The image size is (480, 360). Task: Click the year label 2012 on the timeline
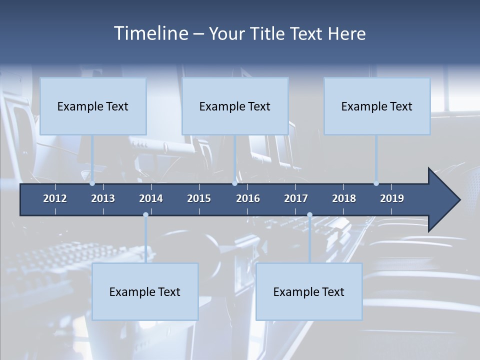[x=55, y=198]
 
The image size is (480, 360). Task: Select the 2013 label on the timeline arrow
[x=103, y=198]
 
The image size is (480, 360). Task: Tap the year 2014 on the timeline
[x=151, y=198]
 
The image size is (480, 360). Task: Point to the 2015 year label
[x=199, y=198]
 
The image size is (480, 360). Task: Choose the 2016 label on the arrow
[x=248, y=198]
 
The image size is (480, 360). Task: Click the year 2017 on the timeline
[x=296, y=198]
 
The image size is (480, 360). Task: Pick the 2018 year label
[x=344, y=198]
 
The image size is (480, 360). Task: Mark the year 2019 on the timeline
[x=392, y=198]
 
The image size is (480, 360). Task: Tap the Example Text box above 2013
[x=93, y=106]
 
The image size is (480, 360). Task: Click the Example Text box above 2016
[x=235, y=106]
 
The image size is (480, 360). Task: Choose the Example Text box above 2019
[x=377, y=106]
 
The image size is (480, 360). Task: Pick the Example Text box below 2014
[x=145, y=292]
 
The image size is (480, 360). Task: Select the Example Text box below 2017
[x=309, y=292]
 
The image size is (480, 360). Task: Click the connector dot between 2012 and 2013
[x=92, y=183]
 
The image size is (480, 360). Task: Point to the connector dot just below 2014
[x=145, y=215]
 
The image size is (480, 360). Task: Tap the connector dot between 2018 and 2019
[x=376, y=183]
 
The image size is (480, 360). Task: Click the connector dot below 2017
[x=309, y=215]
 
